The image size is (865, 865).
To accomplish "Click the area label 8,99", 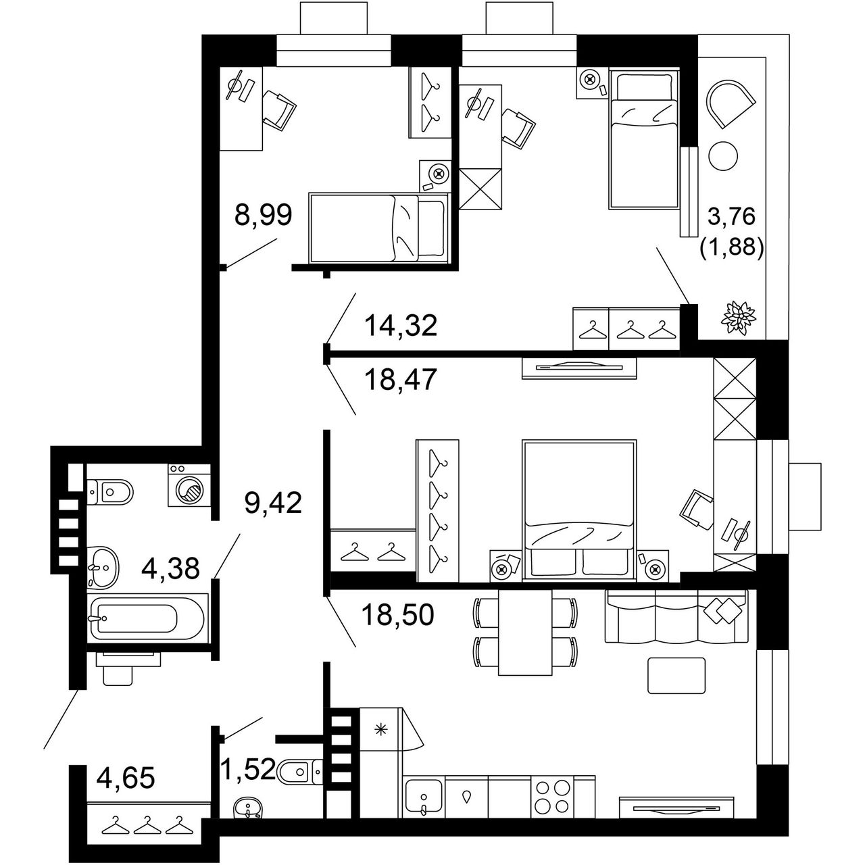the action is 263,215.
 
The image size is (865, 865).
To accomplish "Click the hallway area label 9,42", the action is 273,502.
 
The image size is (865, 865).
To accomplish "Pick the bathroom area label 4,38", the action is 170,568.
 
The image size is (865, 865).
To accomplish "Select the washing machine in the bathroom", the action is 189,486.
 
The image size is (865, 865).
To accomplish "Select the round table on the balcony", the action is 722,155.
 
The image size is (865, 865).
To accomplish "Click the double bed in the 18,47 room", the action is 579,510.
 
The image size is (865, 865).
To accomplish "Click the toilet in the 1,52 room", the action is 299,771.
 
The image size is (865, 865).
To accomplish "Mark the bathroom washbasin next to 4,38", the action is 103,566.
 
